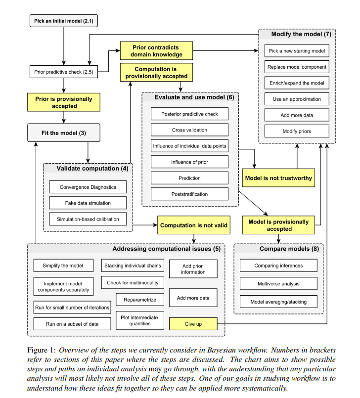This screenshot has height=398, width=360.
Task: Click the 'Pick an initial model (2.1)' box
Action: click(x=63, y=21)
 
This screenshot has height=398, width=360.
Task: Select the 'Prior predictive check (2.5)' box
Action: click(x=63, y=72)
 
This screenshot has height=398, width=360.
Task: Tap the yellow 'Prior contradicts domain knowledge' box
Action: click(x=157, y=51)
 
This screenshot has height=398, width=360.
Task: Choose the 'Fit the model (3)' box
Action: click(x=64, y=133)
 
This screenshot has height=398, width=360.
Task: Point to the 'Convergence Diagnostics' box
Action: click(x=88, y=187)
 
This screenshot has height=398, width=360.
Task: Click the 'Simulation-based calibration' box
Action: click(x=88, y=219)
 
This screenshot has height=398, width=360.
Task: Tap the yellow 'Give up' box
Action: click(x=193, y=324)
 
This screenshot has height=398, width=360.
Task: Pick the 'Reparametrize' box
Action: click(x=140, y=300)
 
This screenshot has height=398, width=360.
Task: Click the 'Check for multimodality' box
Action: click(x=133, y=283)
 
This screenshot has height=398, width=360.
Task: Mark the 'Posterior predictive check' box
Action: click(x=189, y=114)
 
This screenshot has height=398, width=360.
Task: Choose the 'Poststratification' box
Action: click(x=189, y=194)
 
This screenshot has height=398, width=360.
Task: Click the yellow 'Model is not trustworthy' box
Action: click(x=279, y=177)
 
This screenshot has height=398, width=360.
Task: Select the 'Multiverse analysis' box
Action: click(x=278, y=284)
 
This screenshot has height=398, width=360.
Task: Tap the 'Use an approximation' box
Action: click(x=297, y=99)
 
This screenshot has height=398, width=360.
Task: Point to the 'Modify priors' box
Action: click(x=297, y=131)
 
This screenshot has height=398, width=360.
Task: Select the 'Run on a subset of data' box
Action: click(x=72, y=324)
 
